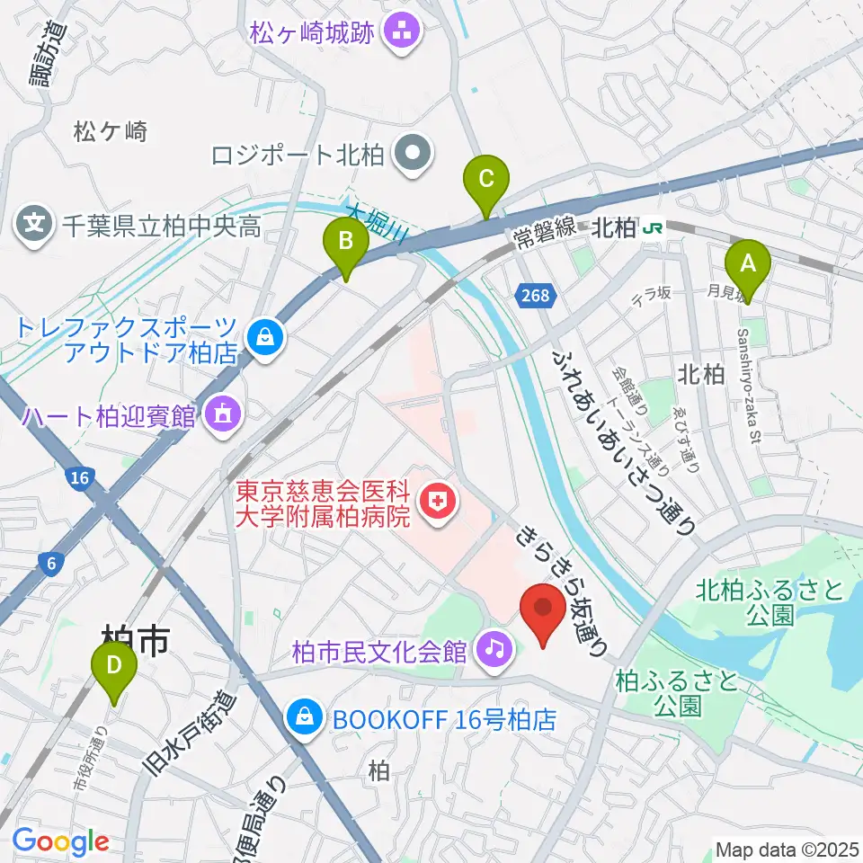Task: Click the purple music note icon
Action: (494, 646)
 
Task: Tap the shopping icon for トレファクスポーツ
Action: (265, 339)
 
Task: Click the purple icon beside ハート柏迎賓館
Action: (220, 415)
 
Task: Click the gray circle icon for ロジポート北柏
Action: (413, 155)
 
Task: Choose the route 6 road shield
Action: (53, 563)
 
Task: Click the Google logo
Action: (60, 841)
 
